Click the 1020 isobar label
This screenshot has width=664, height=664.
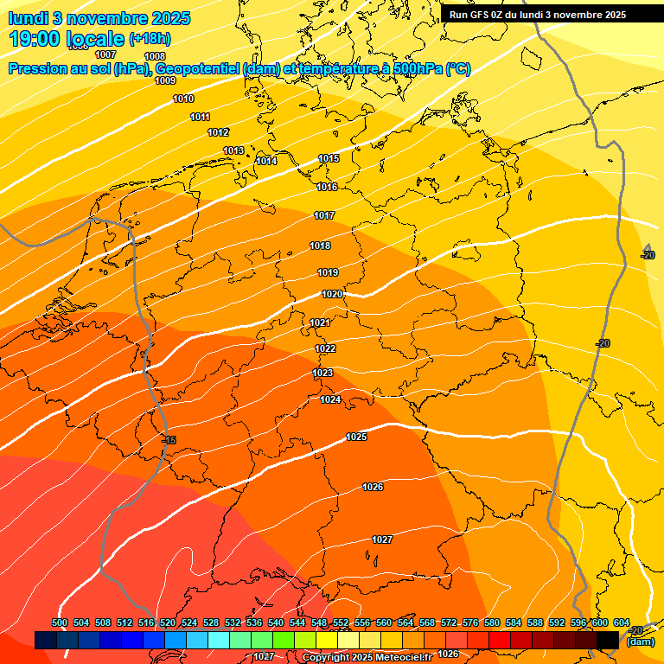(x=332, y=294)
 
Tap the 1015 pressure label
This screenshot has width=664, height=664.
(x=329, y=158)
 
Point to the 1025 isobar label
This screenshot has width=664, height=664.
(x=356, y=437)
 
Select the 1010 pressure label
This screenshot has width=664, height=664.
(x=183, y=99)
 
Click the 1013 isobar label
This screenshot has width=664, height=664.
(x=233, y=150)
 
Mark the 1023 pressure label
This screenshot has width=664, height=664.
(x=322, y=373)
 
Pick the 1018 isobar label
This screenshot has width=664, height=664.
(x=320, y=246)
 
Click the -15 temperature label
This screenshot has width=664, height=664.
(x=169, y=440)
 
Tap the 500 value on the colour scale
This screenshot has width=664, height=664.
(x=60, y=622)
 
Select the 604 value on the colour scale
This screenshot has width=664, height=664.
(x=621, y=622)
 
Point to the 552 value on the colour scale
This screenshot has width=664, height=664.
(x=341, y=622)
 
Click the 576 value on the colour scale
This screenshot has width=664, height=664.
(x=470, y=622)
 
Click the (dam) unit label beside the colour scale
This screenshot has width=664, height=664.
(x=641, y=642)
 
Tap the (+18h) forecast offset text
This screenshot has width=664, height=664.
(x=150, y=39)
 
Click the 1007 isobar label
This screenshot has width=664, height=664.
(x=105, y=54)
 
